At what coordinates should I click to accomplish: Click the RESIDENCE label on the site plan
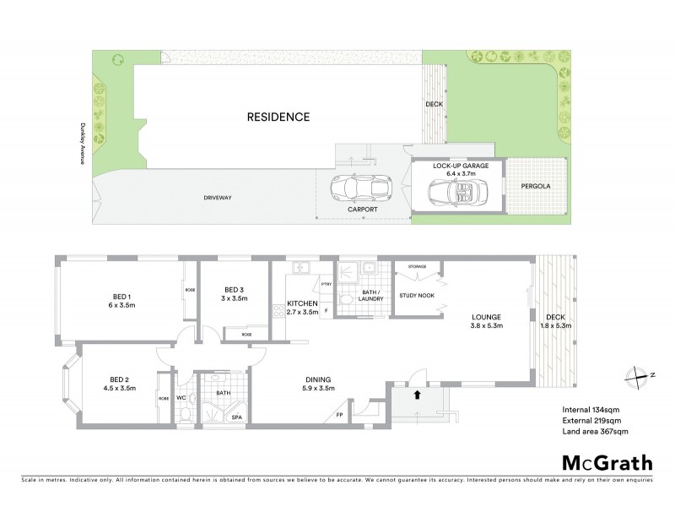click(x=278, y=117)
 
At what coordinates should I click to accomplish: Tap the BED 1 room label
click(x=123, y=297)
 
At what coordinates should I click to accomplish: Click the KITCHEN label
click(x=301, y=303)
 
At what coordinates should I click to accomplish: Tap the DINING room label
click(x=318, y=380)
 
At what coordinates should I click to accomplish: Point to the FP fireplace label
click(x=339, y=414)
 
